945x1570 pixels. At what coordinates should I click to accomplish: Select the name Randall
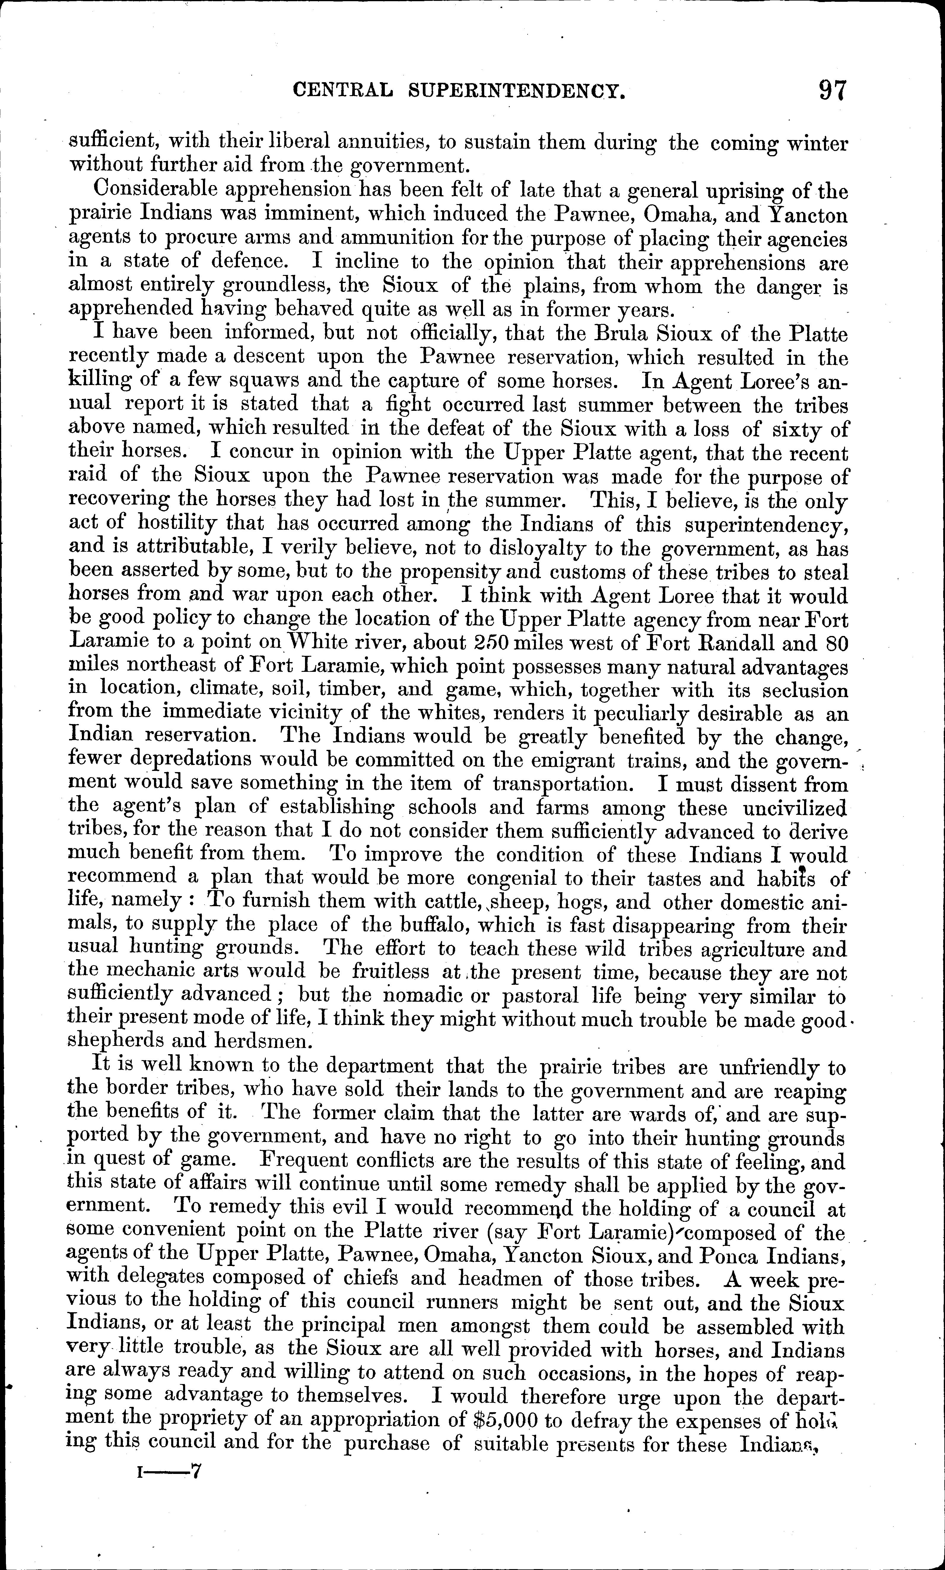point(725,644)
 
